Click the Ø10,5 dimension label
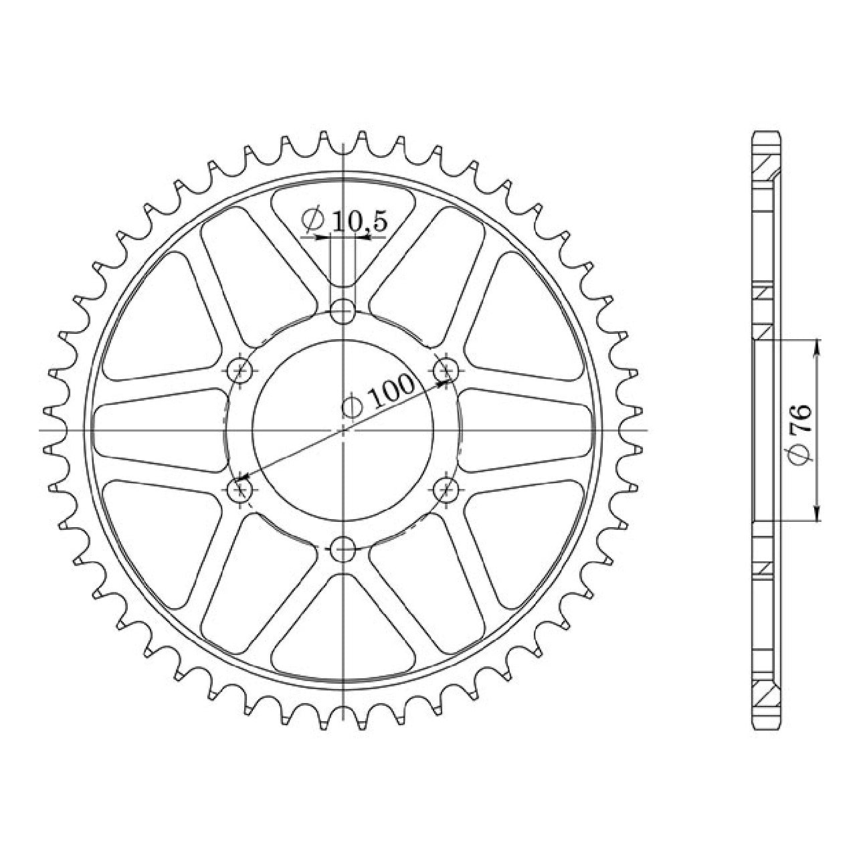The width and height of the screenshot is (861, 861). click(x=343, y=221)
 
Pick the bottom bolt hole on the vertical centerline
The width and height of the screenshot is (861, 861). click(x=343, y=549)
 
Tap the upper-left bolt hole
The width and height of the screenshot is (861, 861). click(x=240, y=370)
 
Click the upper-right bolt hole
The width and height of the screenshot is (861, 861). click(x=446, y=370)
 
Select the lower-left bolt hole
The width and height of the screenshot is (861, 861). click(x=240, y=490)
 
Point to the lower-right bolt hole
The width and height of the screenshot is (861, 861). click(x=446, y=490)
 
